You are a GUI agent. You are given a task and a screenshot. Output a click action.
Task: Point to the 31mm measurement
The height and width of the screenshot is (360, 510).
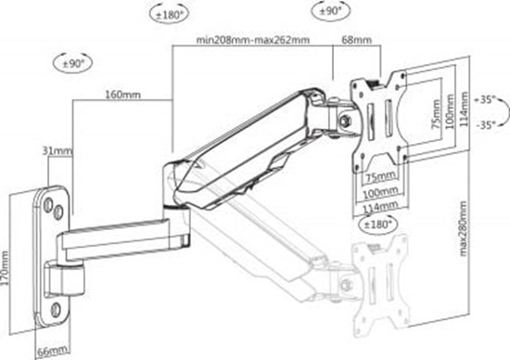(x=57, y=150)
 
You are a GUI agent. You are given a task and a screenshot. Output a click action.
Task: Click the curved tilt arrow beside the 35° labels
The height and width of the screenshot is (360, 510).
(x=501, y=110)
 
